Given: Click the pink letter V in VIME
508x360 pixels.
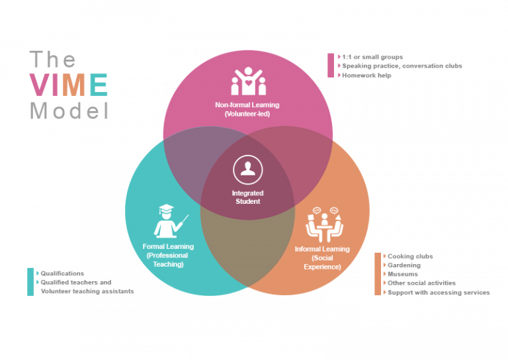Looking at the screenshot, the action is click(x=40, y=85).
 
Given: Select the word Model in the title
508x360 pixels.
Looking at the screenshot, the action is click(x=69, y=111).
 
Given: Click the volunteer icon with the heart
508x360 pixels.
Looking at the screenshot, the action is click(x=249, y=81).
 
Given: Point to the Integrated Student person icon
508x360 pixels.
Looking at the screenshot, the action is click(x=248, y=170).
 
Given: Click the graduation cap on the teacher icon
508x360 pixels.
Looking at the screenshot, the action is click(x=167, y=208).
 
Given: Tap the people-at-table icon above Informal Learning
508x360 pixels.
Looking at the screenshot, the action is click(x=325, y=224).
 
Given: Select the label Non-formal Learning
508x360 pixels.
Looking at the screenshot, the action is click(x=247, y=105).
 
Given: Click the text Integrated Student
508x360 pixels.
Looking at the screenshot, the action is click(x=248, y=197).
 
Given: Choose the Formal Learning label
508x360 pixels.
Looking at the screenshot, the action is click(x=168, y=247).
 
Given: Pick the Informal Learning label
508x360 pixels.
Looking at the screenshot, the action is click(x=322, y=249).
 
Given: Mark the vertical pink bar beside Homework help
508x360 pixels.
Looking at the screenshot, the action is click(x=331, y=66).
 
